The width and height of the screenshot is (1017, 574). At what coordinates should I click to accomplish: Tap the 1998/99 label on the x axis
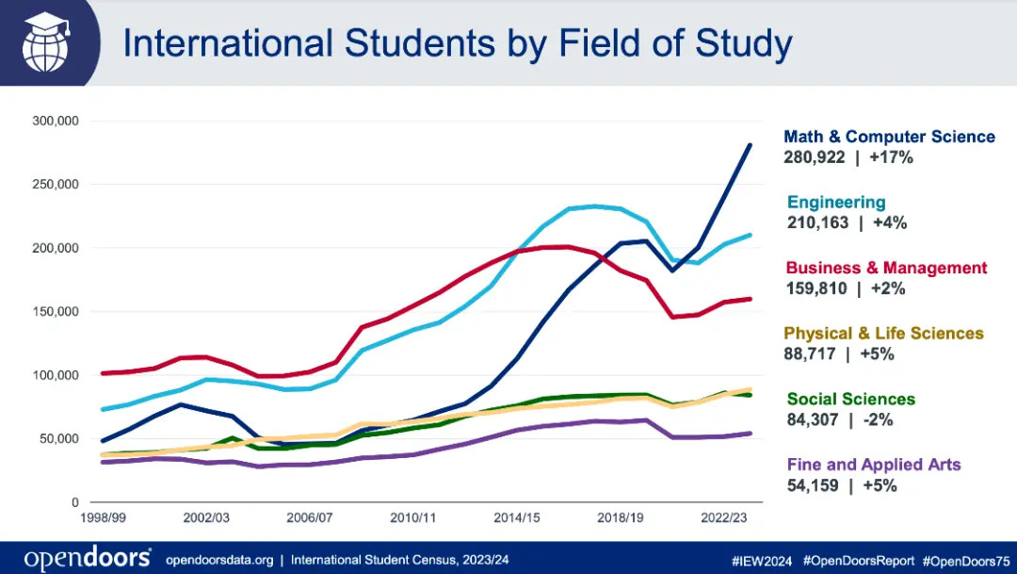pyautogui.click(x=103, y=518)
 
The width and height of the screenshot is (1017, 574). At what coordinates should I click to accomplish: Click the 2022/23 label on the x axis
pyautogui.click(x=724, y=518)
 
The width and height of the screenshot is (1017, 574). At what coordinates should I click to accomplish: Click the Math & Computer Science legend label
pyautogui.click(x=889, y=137)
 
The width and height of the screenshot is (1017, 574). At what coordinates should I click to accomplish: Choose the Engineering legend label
pyautogui.click(x=836, y=202)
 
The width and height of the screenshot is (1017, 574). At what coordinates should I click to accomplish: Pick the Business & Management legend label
pyautogui.click(x=886, y=268)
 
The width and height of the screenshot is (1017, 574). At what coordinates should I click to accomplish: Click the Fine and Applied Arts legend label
pyautogui.click(x=874, y=464)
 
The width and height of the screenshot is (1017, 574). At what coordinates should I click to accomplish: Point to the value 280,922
pyautogui.click(x=815, y=157)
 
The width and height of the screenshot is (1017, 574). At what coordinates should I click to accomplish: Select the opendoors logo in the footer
pyautogui.click(x=88, y=558)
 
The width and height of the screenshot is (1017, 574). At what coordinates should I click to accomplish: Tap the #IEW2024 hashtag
pyautogui.click(x=765, y=560)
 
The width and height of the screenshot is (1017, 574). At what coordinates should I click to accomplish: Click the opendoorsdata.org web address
pyautogui.click(x=219, y=560)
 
